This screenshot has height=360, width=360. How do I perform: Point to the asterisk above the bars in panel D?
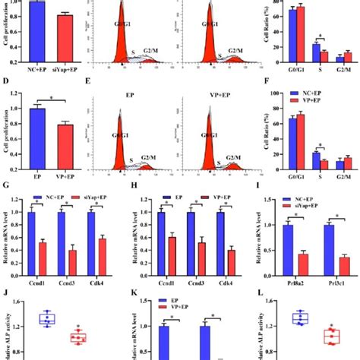51,99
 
